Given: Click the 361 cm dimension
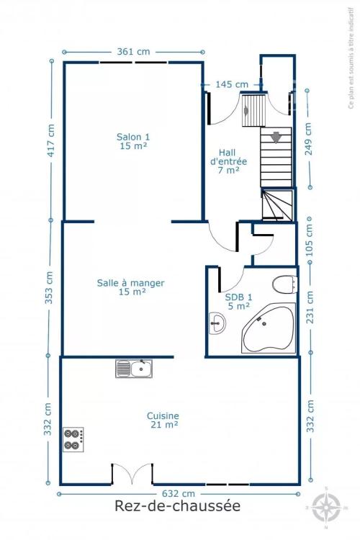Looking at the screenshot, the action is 134,52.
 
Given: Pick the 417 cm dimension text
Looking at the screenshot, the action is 50,140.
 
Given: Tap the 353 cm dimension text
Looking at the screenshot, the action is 49,287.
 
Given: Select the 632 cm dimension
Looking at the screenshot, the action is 179,494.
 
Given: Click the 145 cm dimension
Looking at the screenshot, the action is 232,84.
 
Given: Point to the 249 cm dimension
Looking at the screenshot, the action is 308,139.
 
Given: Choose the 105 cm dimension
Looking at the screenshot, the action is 310,240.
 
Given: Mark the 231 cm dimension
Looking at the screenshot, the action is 310,307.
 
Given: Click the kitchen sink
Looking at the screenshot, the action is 134,369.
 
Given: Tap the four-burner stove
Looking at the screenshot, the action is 73,439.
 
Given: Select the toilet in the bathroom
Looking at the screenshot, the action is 285,284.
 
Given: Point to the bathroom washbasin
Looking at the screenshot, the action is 217,323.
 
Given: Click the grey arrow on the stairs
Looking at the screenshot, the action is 276,137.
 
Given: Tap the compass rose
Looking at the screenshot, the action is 326,508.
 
